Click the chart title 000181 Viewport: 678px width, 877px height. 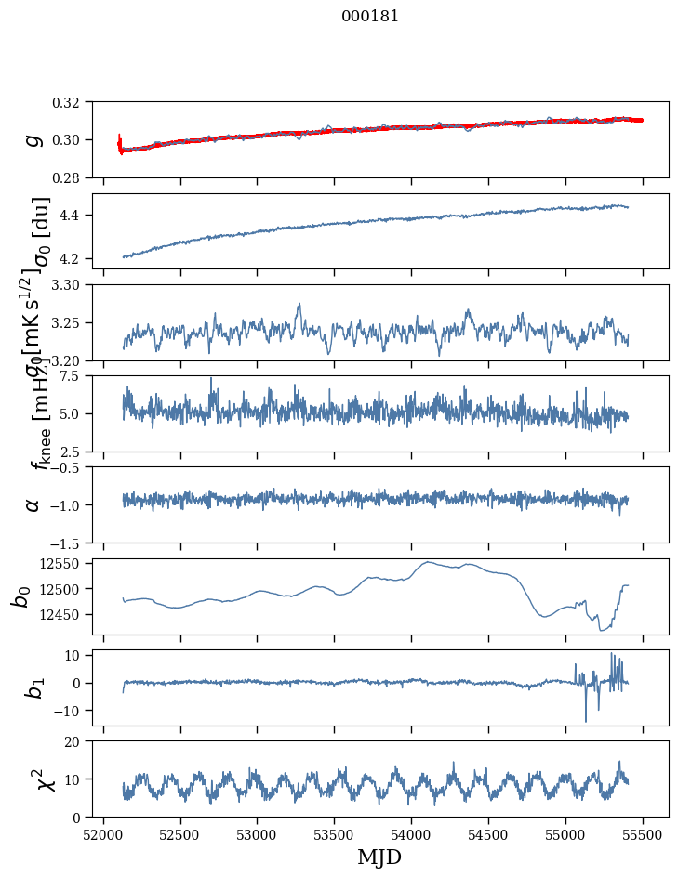[x=370, y=17]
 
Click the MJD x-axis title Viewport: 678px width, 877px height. [x=379, y=857]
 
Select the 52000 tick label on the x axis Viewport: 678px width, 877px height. [x=103, y=832]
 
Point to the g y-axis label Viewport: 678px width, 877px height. [x=34, y=139]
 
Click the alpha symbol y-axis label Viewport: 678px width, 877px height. [x=34, y=504]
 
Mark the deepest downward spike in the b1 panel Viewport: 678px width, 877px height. [x=586, y=721]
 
